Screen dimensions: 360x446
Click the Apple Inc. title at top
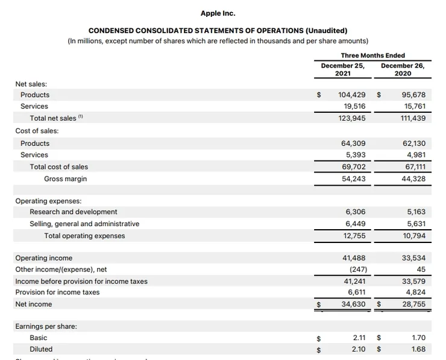[x=218, y=13]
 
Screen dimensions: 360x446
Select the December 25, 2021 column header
[x=342, y=69]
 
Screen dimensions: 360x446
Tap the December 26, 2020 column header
[x=403, y=69]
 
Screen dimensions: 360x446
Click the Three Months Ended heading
[x=372, y=55]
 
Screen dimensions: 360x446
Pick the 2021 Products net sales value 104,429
[x=352, y=95]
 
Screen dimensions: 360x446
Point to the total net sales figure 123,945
[x=352, y=118]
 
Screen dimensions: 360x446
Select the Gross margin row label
[x=65, y=178]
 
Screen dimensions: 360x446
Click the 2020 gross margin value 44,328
[x=413, y=178]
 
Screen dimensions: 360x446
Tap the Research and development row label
[x=74, y=212]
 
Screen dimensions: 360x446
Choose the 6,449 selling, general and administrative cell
[x=356, y=224]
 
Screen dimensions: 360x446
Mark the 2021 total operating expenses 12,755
[x=354, y=236]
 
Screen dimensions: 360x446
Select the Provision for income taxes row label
[x=57, y=292]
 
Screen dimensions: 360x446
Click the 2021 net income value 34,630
[x=354, y=305]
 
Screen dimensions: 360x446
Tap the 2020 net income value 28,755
[x=413, y=305]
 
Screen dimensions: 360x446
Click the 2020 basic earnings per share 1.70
[x=418, y=338]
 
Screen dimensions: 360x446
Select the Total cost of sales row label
[x=58, y=166]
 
